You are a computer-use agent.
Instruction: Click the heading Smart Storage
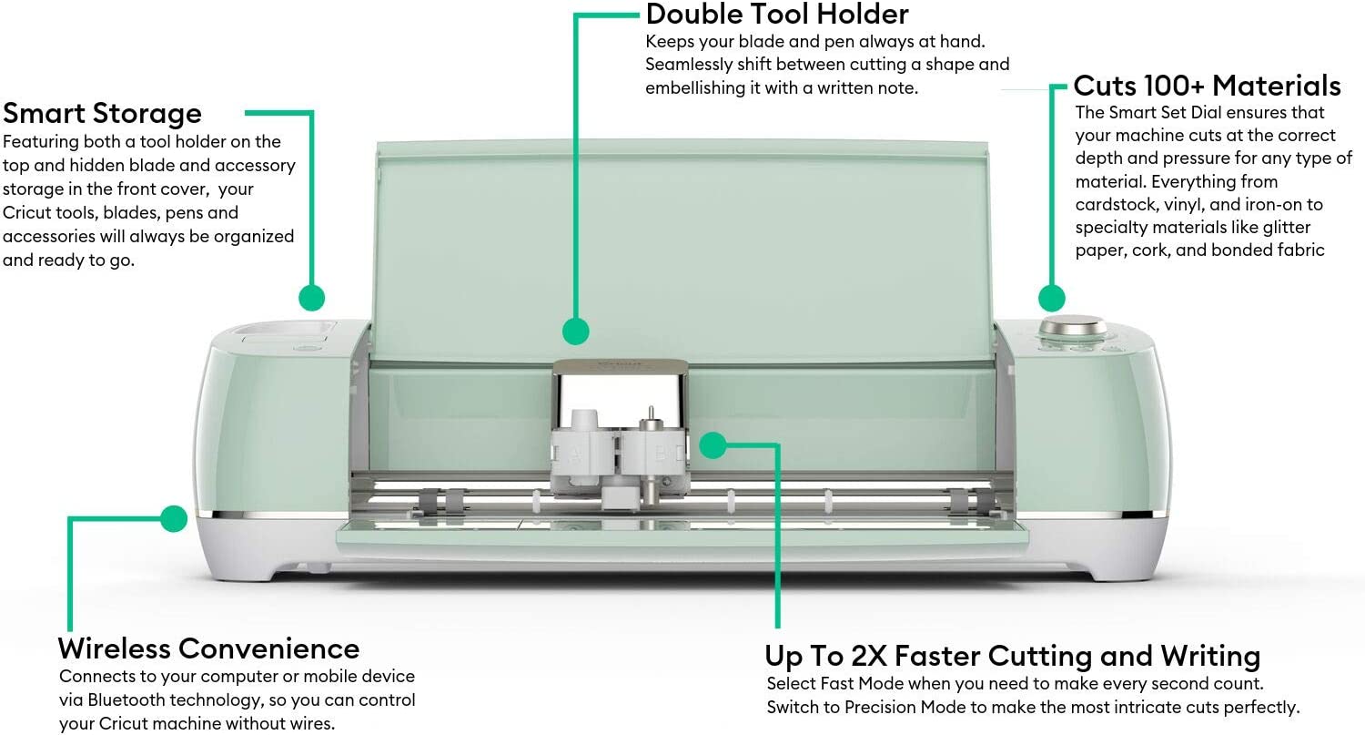tap(102, 114)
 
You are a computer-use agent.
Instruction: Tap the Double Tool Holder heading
tap(777, 15)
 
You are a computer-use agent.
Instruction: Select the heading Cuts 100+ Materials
tap(1207, 86)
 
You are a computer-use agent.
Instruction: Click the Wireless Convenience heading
tap(208, 648)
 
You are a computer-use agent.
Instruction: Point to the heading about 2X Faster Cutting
tap(1012, 656)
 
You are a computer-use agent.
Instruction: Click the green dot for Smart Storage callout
tap(311, 297)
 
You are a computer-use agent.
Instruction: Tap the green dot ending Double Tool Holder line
tap(575, 331)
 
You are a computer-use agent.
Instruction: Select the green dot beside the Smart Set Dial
tap(1052, 298)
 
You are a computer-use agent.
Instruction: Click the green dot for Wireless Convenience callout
tap(174, 519)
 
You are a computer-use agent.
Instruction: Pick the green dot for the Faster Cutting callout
tap(713, 445)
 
